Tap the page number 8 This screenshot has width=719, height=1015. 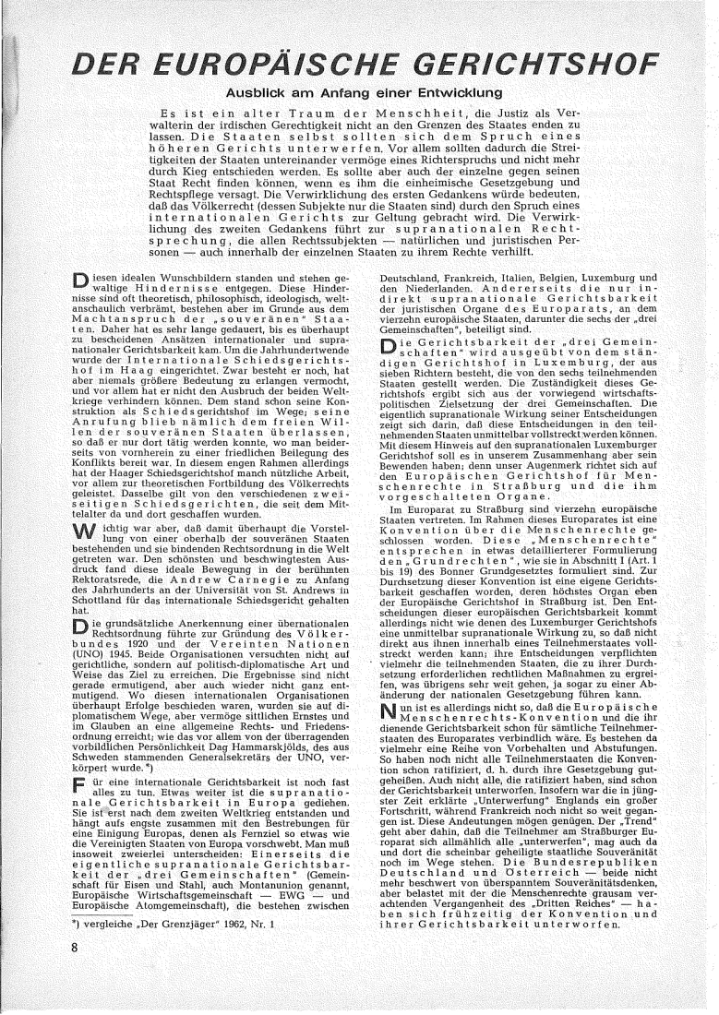click(45, 974)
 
